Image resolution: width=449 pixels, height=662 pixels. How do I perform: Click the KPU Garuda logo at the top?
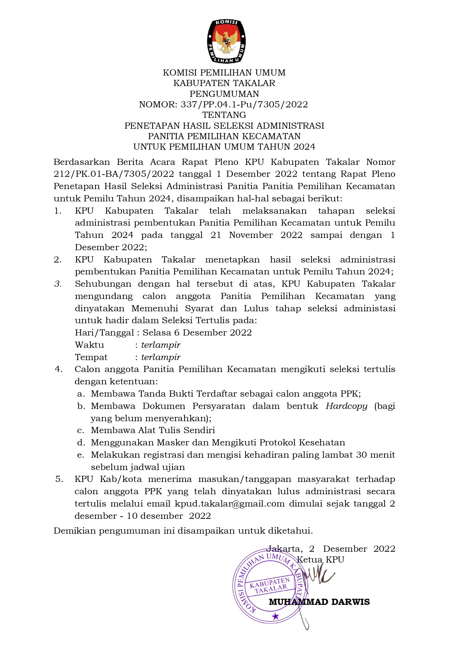point(226,40)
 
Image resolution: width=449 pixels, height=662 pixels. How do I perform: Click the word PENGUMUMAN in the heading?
point(224,94)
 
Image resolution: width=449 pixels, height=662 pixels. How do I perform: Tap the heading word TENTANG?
point(224,115)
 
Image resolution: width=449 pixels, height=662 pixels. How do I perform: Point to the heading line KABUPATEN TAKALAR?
point(224,83)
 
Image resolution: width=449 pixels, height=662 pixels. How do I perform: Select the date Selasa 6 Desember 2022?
point(197,333)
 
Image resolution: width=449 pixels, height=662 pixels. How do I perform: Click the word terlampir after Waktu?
point(161,345)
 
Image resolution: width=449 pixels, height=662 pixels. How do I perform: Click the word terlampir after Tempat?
point(161,357)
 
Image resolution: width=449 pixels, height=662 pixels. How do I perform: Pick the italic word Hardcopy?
point(346,406)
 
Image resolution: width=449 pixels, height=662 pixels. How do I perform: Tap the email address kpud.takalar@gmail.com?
point(230,504)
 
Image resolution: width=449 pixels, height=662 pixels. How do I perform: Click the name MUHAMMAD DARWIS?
point(319,602)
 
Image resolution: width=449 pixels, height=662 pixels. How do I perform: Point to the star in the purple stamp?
point(276,616)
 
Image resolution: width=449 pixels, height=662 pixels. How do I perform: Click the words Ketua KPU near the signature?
point(320,560)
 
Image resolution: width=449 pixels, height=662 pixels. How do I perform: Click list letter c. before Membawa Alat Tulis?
point(81,430)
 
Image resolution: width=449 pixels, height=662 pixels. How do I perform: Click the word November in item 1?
point(251,235)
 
